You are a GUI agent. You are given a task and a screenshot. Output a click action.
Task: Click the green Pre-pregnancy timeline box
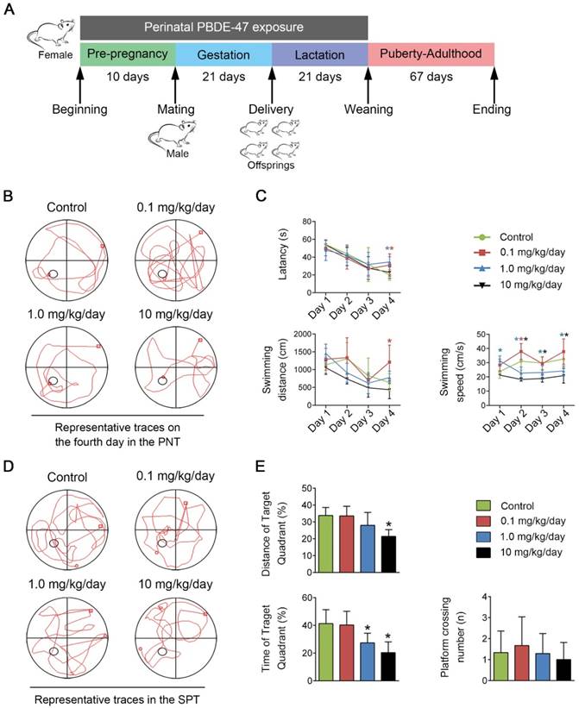[128, 54]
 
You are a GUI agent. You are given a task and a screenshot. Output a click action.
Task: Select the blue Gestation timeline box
[223, 54]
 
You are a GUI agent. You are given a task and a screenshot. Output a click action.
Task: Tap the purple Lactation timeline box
[319, 54]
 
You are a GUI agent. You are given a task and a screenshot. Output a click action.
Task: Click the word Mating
[175, 110]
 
